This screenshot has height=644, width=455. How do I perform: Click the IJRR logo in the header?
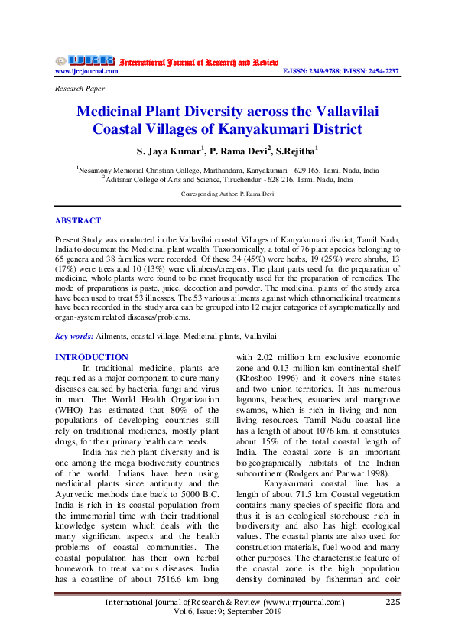coord(85,60)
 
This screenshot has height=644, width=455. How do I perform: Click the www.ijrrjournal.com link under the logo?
coord(86,71)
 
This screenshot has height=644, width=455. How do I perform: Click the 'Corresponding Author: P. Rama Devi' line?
coord(227,194)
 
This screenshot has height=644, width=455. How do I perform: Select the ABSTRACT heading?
coord(77,221)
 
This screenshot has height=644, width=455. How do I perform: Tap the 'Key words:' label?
coord(74,336)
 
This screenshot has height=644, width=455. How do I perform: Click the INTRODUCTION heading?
coord(92,357)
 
